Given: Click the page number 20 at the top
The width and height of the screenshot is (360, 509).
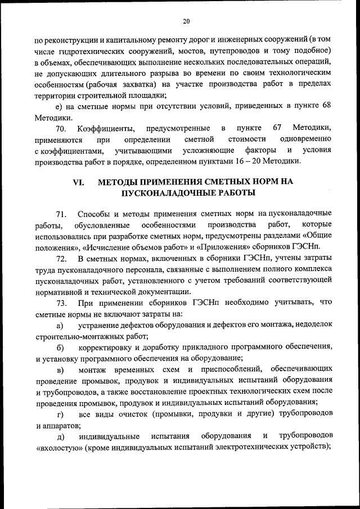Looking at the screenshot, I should click(x=186, y=21).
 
